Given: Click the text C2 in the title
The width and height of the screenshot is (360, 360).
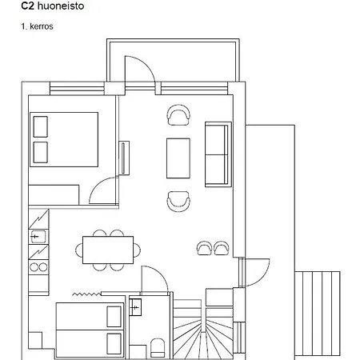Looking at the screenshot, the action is click(x=27, y=6).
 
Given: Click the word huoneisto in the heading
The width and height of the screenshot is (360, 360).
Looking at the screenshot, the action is click(x=61, y=6).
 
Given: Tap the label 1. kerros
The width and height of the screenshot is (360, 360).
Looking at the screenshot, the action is click(x=37, y=26).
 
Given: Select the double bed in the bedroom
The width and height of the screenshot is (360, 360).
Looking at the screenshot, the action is click(x=64, y=139).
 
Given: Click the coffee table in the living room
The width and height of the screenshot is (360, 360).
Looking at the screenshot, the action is click(x=178, y=158).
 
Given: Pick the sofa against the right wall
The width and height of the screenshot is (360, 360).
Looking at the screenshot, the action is click(x=218, y=154).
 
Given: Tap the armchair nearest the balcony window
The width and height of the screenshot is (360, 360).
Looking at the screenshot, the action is click(x=178, y=115).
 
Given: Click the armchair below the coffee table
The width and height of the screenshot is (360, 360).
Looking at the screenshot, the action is click(x=178, y=202).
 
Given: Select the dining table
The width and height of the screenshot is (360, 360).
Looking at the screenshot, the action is click(x=108, y=250).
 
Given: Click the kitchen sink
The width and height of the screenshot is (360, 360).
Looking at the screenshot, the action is click(x=38, y=237).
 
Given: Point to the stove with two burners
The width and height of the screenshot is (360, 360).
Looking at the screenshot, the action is click(x=38, y=267).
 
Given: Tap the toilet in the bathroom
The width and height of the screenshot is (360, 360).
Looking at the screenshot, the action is click(x=158, y=348).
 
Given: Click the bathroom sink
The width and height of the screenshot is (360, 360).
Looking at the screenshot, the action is click(x=135, y=307).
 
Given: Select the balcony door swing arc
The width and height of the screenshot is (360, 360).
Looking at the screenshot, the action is click(x=146, y=63).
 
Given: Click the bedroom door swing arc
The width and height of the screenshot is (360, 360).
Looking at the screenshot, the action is click(x=97, y=185).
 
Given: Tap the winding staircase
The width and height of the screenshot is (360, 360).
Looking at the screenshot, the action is click(x=203, y=330).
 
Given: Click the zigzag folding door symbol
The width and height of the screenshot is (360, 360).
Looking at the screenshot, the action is click(x=87, y=294).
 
